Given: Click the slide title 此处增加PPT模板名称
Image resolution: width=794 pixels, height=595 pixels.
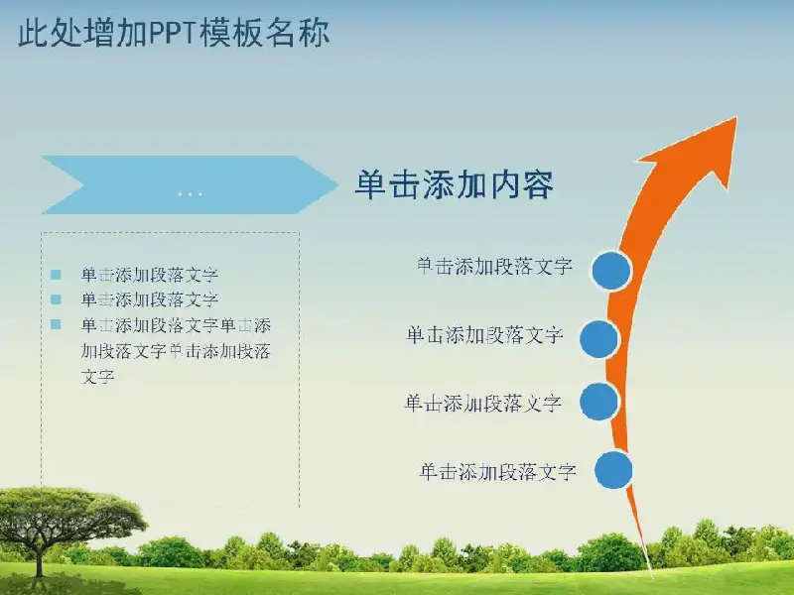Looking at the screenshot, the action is [x=175, y=33].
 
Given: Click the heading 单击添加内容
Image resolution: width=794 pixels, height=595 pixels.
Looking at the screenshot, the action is [x=455, y=184].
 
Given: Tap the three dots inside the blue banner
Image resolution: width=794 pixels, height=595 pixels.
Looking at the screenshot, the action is [x=190, y=193].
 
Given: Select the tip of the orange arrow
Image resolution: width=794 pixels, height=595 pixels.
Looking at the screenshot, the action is [x=735, y=118].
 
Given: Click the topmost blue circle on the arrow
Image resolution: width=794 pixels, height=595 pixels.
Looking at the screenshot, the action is [x=611, y=270].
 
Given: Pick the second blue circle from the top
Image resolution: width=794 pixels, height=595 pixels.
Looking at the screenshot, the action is [x=599, y=339].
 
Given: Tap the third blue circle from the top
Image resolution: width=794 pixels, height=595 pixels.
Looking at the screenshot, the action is [x=599, y=402].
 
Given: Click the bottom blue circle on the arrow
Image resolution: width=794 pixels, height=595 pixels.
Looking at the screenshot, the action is [x=613, y=470].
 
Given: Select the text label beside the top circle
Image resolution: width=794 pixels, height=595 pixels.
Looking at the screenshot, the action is [x=494, y=266].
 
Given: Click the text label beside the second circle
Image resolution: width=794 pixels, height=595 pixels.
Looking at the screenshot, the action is [x=484, y=335].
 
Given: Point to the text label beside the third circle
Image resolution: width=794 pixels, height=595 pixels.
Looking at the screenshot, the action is [x=483, y=403].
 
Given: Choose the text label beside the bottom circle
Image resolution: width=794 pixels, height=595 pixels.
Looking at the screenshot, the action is [x=498, y=472].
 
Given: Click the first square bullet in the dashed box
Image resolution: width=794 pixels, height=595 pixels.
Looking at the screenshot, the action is [x=56, y=275].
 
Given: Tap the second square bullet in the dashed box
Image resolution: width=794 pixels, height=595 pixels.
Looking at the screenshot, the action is [x=56, y=299].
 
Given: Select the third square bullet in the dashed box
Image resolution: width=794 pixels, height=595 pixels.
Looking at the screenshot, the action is [x=56, y=324].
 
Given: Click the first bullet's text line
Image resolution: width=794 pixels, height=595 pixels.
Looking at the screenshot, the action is [x=150, y=275].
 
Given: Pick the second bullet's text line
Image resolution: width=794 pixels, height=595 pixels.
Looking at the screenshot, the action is [x=150, y=299].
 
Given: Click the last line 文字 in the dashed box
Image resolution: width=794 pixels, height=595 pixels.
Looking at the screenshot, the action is [x=97, y=377].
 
